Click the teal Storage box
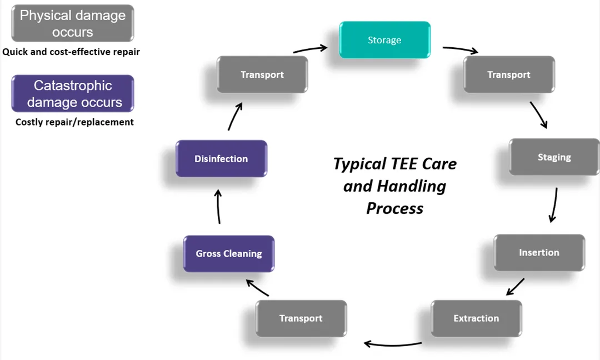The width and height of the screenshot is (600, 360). (x=384, y=40)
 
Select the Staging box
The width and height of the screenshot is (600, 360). (x=554, y=157)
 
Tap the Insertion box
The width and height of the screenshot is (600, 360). (x=539, y=253)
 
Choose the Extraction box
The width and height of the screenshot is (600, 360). (x=476, y=318)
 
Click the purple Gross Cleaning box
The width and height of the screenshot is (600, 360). (x=229, y=254)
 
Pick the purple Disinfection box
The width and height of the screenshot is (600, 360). (x=221, y=159)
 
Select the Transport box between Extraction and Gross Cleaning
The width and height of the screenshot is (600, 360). (x=301, y=318)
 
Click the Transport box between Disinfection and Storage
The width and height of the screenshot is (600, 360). (x=262, y=74)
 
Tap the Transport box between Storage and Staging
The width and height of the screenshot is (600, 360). (x=509, y=74)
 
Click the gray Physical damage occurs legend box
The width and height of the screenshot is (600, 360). (x=73, y=23)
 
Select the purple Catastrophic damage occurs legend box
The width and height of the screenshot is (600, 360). (x=73, y=93)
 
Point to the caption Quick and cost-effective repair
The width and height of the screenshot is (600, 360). (x=71, y=52)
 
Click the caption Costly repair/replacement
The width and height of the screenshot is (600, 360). (x=74, y=122)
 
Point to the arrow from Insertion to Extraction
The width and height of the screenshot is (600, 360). (x=516, y=287)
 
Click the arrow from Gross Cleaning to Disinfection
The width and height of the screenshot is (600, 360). (x=218, y=207)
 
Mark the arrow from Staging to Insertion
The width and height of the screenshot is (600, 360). (x=554, y=204)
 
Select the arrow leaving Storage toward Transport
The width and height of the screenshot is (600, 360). (x=460, y=50)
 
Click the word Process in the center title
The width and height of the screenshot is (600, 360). (x=394, y=208)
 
